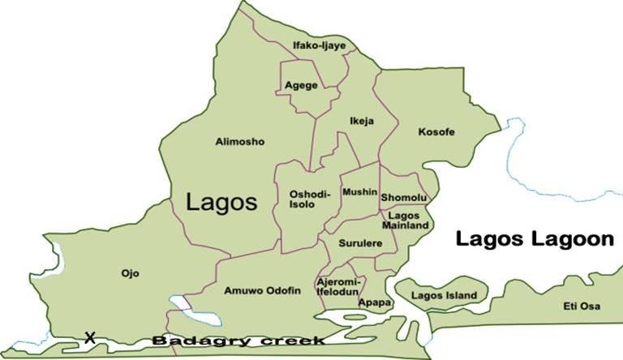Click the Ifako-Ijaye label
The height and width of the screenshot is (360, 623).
[x=320, y=46]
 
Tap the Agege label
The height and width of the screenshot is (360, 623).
[x=301, y=85]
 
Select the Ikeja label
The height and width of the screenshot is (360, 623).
[x=361, y=122]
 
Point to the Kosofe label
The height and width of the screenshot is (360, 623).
[x=436, y=131]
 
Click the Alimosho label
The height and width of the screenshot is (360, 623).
[x=239, y=142]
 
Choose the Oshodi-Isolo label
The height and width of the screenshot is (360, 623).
[x=307, y=199]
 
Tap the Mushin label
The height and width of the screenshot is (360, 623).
[x=359, y=192]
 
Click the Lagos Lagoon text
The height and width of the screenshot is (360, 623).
[x=533, y=239]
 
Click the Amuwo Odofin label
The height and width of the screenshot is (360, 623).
[x=261, y=289]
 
